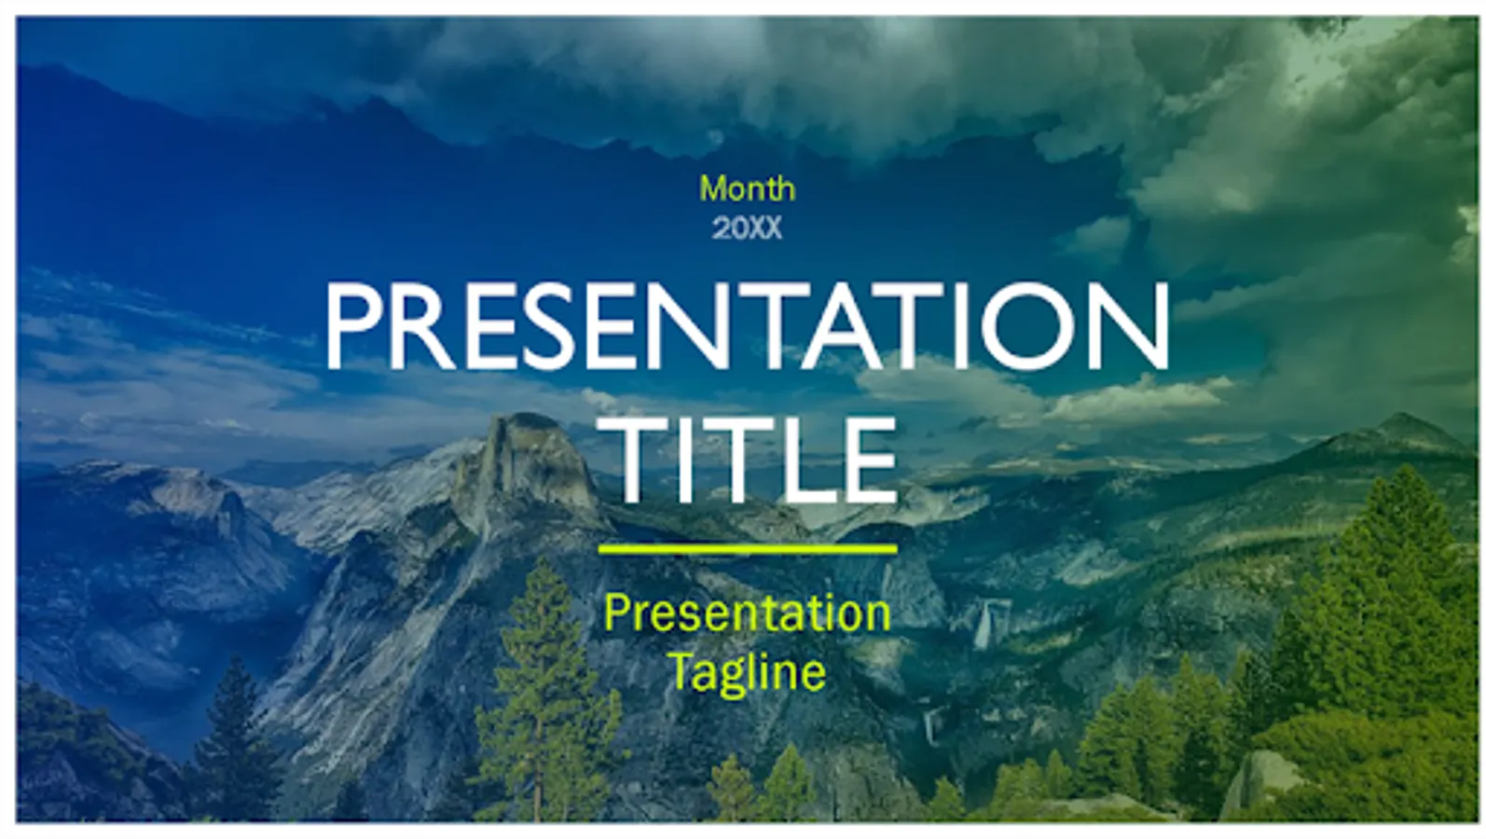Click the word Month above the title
(x=747, y=188)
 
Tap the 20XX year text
(x=747, y=228)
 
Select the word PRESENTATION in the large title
(x=747, y=326)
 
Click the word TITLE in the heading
(x=757, y=460)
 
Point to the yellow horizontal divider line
(x=748, y=548)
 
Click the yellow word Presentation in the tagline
(x=747, y=613)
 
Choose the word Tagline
(x=748, y=673)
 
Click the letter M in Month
(x=714, y=188)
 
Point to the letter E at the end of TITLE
(x=869, y=460)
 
